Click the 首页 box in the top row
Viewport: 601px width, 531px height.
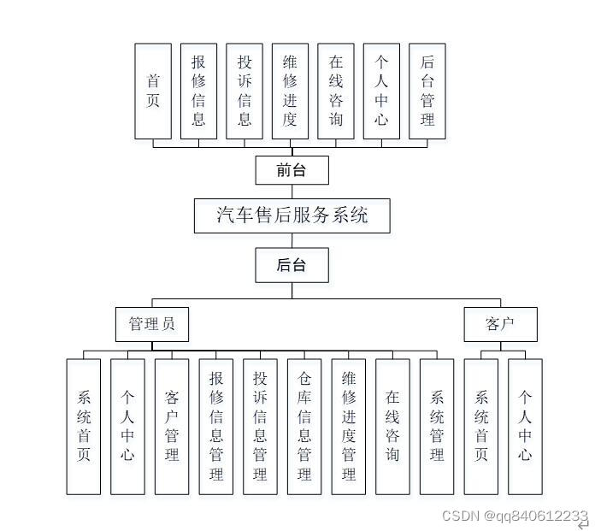coord(153,91)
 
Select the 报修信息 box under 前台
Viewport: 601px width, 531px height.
coord(198,91)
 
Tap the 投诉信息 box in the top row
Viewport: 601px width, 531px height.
coord(245,91)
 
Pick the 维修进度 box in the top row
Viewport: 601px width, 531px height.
coord(290,91)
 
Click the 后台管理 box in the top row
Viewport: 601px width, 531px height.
coord(427,91)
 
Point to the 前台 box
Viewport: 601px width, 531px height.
coord(291,170)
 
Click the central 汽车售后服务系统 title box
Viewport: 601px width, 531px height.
coord(292,215)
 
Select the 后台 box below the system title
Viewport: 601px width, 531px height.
coord(291,265)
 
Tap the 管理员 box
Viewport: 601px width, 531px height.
coord(152,325)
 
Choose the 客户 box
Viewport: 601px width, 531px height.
coord(500,325)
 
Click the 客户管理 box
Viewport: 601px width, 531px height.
coord(172,426)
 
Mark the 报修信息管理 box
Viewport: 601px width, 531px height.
coord(216,426)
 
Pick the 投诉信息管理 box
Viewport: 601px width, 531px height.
coord(261,426)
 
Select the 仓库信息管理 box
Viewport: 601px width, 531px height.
coord(304,426)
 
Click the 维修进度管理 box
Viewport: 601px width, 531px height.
coord(349,426)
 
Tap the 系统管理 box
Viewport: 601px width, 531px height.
coord(437,426)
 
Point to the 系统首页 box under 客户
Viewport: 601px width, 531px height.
coord(481,426)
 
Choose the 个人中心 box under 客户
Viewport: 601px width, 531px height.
coord(525,426)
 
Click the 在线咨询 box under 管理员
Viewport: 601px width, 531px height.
coord(392,426)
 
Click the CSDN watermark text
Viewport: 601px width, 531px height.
coord(515,516)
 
